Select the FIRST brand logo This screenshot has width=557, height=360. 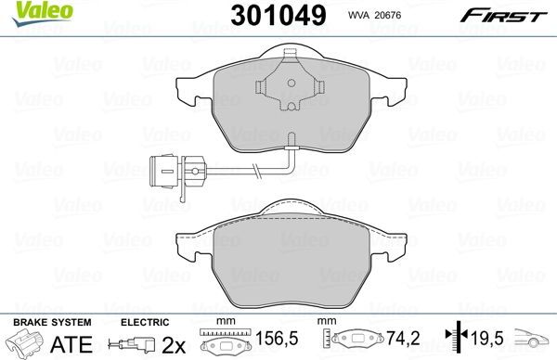point(487,15)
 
